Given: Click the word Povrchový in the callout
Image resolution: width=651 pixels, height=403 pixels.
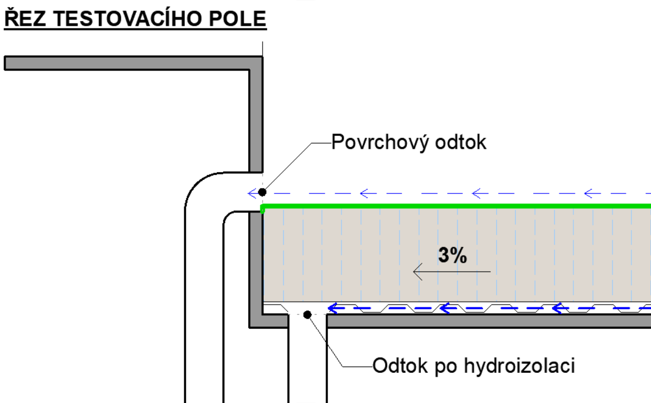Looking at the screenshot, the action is point(381,143).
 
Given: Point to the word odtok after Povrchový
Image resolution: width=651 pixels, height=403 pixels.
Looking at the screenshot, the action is point(461,143).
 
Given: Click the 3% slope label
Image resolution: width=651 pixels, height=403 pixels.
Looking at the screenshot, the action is point(453,255).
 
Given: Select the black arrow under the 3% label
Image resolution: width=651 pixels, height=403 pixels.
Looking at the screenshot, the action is point(452,272).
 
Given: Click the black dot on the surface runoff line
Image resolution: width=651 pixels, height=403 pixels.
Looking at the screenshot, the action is point(263,192).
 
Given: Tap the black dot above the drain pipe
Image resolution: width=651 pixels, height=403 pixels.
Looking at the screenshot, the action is point(307,315).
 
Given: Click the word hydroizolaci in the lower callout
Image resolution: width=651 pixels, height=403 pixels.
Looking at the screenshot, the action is point(519,366).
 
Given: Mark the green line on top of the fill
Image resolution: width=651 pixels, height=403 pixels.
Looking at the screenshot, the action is point(456,206).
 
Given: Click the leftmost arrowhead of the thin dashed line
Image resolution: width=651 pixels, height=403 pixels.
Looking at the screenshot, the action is point(253,193).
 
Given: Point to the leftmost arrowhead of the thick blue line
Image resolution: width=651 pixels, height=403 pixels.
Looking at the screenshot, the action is point(332,309).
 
